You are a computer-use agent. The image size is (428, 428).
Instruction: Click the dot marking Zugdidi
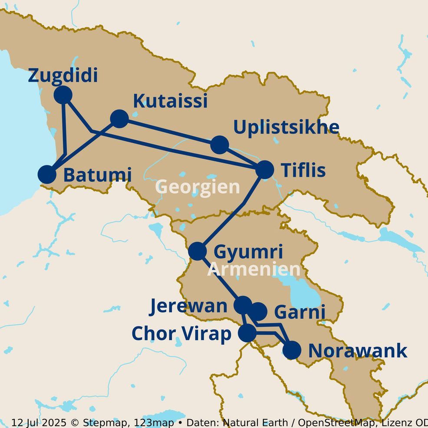(x=63, y=95)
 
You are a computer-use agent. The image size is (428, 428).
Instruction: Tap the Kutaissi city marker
(x=119, y=119)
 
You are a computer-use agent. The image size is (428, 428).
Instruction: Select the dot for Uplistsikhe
(x=220, y=145)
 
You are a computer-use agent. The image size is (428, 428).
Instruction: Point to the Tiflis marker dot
(x=265, y=170)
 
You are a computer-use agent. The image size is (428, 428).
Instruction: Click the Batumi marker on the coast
(x=47, y=174)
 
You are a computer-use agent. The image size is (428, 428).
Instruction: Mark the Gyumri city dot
(x=198, y=251)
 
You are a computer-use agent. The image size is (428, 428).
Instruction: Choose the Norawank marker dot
(x=292, y=350)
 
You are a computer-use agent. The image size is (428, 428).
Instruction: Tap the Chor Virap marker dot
(x=248, y=333)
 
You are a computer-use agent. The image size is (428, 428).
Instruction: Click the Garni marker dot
(x=258, y=311)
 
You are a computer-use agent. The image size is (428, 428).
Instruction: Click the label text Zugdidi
(x=63, y=76)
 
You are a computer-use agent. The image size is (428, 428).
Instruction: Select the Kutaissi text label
(x=170, y=101)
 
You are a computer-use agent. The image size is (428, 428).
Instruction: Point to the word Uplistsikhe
(x=286, y=127)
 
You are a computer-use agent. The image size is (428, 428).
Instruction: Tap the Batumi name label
(x=97, y=175)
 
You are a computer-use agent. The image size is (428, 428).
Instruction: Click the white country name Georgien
(x=198, y=187)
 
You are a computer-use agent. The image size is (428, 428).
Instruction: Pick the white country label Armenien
(x=254, y=269)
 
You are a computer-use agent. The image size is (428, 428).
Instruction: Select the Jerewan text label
(x=188, y=306)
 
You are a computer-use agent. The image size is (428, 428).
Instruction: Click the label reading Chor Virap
(x=181, y=334)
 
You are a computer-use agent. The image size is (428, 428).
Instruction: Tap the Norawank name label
(x=357, y=351)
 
